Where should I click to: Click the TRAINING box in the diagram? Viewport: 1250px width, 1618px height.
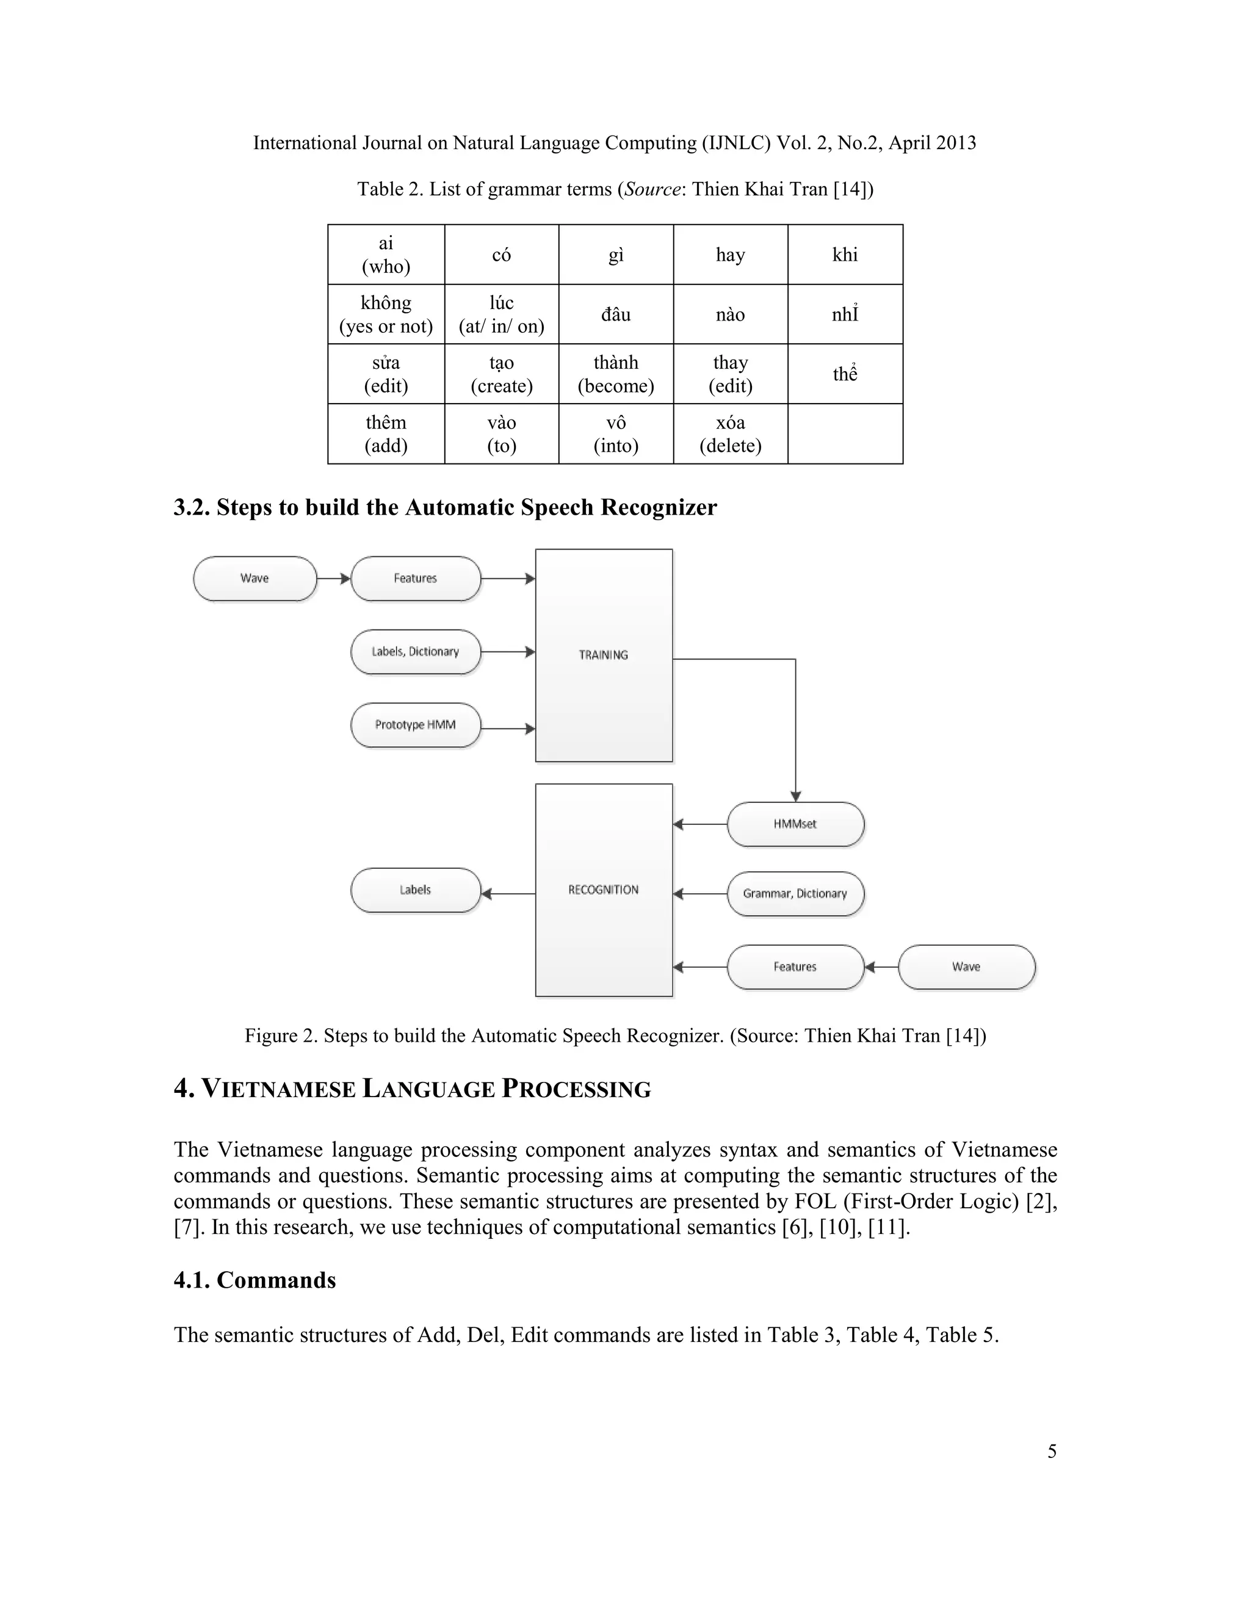click(604, 655)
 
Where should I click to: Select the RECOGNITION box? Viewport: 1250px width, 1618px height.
click(604, 890)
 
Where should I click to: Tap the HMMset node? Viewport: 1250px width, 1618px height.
click(795, 824)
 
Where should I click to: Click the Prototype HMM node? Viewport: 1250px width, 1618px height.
click(416, 725)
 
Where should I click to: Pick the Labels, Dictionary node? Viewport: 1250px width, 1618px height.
click(416, 651)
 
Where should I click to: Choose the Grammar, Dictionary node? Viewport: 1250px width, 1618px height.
click(795, 893)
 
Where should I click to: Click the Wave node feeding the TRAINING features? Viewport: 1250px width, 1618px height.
click(255, 578)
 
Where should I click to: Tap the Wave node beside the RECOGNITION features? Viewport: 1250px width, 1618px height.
click(966, 967)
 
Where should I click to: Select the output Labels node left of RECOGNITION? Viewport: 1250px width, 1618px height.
click(416, 890)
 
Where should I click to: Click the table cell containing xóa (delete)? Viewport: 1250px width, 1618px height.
click(730, 434)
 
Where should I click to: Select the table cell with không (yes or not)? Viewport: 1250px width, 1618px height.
click(386, 314)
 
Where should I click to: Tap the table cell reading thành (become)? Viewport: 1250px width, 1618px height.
click(615, 374)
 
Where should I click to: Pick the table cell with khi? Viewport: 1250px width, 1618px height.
click(845, 255)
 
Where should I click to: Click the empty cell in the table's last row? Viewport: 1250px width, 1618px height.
click(845, 434)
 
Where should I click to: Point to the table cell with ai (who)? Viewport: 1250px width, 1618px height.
click(386, 255)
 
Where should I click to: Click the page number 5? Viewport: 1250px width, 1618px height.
click(1052, 1451)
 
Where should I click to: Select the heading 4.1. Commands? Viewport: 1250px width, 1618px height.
click(255, 1279)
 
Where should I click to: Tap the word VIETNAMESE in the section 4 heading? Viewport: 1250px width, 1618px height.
click(278, 1090)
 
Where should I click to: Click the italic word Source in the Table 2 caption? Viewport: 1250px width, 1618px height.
click(652, 189)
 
